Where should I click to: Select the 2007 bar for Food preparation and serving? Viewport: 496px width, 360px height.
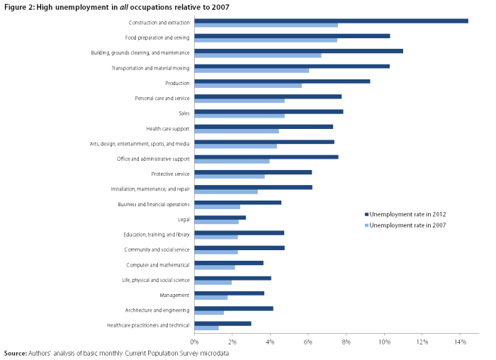coord(266,40)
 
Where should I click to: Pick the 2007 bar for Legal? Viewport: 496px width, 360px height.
coord(216,222)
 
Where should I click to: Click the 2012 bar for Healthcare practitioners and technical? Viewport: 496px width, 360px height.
coord(222,323)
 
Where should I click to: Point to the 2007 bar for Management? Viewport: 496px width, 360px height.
coord(210,298)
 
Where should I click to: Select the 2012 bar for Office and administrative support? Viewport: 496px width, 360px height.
coord(266,157)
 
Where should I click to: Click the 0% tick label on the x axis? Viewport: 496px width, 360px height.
coord(194,342)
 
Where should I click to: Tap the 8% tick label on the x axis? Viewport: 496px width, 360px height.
coord(346,342)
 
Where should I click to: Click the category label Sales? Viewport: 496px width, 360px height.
coord(184,113)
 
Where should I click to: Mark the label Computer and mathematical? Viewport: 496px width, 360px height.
coord(158,265)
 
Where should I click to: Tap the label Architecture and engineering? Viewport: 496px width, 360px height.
coord(157,310)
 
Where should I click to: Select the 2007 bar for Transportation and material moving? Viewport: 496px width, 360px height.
coord(252,71)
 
